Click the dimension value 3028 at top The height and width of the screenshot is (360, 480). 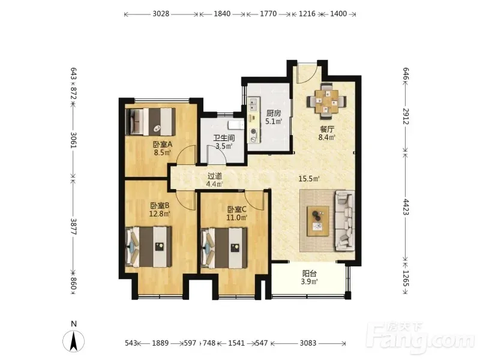click(x=161, y=14)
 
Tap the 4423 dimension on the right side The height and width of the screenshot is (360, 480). click(x=406, y=207)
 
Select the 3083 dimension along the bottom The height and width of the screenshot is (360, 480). click(x=308, y=343)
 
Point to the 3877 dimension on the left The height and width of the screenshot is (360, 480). click(x=73, y=226)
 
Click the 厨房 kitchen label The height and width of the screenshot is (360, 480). click(x=274, y=113)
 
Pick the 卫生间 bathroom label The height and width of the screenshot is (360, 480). click(x=224, y=138)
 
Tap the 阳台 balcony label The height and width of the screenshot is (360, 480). click(x=310, y=274)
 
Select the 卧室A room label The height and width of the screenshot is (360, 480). click(x=163, y=144)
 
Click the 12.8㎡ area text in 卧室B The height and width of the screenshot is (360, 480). click(x=160, y=214)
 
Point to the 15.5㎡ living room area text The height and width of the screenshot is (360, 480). click(x=309, y=179)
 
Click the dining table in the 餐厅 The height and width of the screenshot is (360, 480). click(x=327, y=101)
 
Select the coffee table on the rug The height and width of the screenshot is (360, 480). click(x=318, y=221)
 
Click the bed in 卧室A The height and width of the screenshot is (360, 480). click(x=151, y=122)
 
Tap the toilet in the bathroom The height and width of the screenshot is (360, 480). click(x=236, y=125)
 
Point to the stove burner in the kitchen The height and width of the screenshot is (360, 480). click(x=253, y=131)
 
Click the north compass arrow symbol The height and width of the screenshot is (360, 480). click(x=73, y=341)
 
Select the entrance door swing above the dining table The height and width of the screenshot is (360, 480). click(x=308, y=73)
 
